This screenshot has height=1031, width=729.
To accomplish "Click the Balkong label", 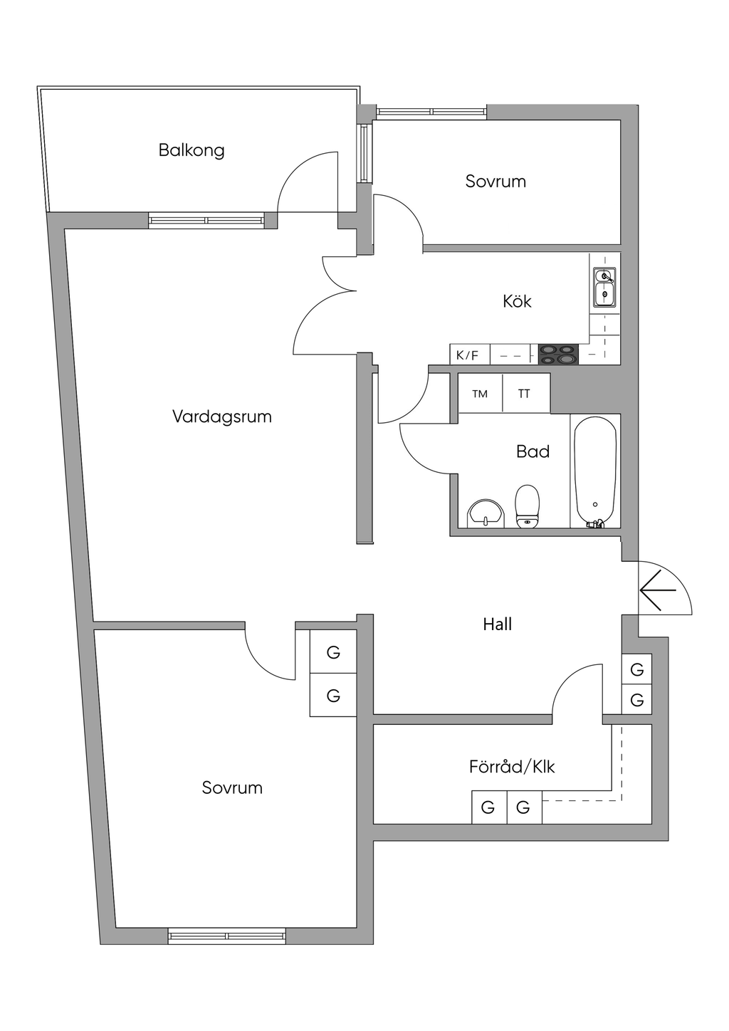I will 192,150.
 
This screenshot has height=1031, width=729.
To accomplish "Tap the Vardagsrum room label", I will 222,417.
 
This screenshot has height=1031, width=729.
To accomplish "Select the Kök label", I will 517,301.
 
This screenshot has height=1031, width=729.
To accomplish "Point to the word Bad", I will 533,451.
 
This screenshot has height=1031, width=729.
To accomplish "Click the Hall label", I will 497,624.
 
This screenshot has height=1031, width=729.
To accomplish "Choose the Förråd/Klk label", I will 511,767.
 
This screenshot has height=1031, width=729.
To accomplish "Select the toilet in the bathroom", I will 527,506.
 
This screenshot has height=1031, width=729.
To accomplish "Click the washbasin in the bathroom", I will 486,513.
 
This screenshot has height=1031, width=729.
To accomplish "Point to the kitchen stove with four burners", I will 558,354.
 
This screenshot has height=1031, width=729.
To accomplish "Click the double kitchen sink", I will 604,286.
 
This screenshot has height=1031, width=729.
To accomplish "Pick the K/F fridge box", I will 468,355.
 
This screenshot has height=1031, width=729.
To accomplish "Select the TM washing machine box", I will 480,394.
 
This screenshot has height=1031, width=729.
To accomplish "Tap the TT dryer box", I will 525,394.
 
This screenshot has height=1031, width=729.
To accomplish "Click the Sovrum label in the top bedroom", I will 495,182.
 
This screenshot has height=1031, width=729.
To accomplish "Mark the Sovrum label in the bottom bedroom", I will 232,787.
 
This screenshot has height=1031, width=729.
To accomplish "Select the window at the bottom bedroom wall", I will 227,936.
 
